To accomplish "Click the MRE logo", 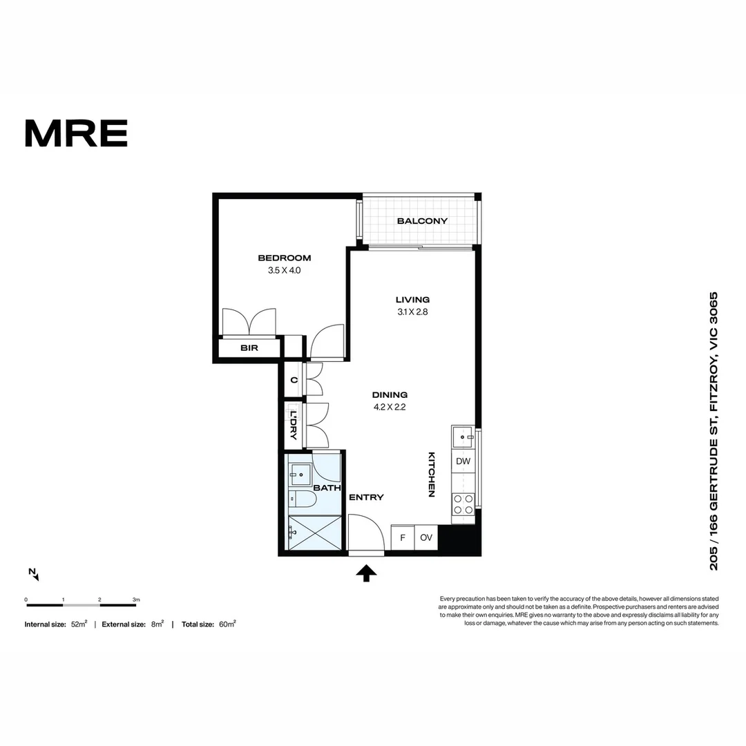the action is (x=76, y=133).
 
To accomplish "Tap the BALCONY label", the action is (x=422, y=221).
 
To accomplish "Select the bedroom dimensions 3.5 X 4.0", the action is (x=284, y=270).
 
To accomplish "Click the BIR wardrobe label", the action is (x=249, y=347).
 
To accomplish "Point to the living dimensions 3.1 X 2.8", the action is (x=412, y=312).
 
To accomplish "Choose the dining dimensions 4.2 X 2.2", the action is (x=390, y=407).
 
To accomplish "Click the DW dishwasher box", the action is (x=463, y=461).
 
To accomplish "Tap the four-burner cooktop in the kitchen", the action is (x=463, y=504).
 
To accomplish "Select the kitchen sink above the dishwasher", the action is (x=463, y=437).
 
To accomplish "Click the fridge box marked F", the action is (x=403, y=537).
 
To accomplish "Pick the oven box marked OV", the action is (x=425, y=537).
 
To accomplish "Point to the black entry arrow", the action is (x=366, y=573).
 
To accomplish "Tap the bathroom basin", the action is (x=300, y=475).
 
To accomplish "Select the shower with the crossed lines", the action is (x=314, y=533).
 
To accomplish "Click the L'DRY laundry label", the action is (x=293, y=425).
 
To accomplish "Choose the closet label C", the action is (x=294, y=380).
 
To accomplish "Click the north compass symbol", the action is (x=34, y=574).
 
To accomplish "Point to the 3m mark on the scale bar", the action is (x=136, y=600).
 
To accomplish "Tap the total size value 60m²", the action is (x=227, y=624).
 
